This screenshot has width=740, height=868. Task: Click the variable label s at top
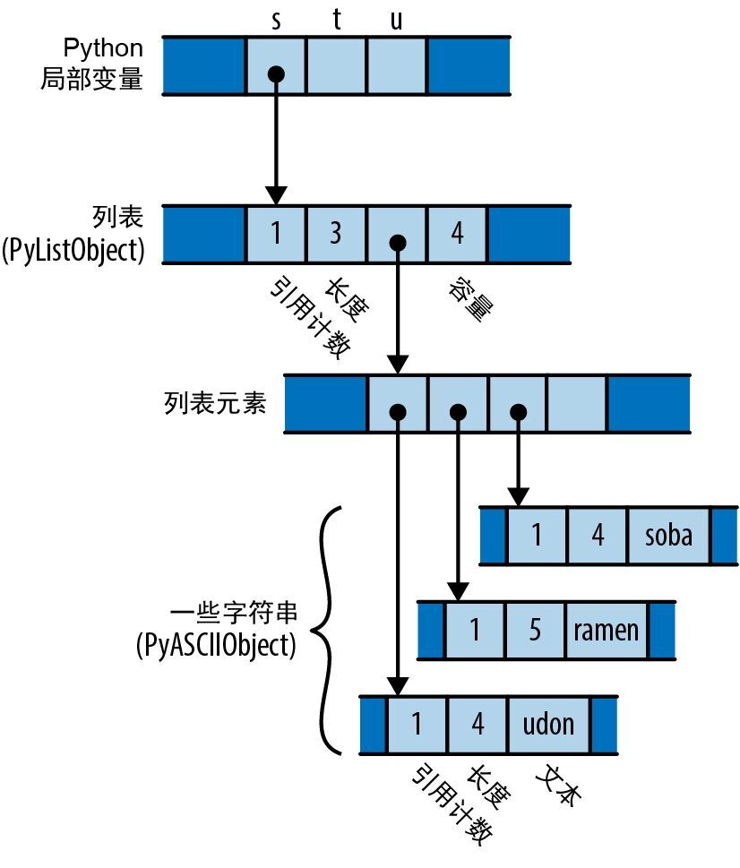(x=276, y=21)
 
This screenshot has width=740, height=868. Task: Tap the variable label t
(x=337, y=20)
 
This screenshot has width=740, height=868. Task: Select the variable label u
(x=397, y=21)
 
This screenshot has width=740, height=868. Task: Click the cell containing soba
(x=668, y=536)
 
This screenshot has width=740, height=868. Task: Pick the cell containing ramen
(x=607, y=629)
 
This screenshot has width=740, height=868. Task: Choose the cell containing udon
(x=548, y=723)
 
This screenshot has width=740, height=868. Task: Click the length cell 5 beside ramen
(x=535, y=629)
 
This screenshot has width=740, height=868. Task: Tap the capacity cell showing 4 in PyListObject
(x=458, y=234)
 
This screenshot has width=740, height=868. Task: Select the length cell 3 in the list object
(x=336, y=234)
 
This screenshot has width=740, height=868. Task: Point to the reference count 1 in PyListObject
(x=276, y=234)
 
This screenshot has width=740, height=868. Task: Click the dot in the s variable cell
(x=276, y=73)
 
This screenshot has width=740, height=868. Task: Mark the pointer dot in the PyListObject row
(x=398, y=242)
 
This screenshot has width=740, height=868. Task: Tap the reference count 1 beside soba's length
(x=537, y=536)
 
